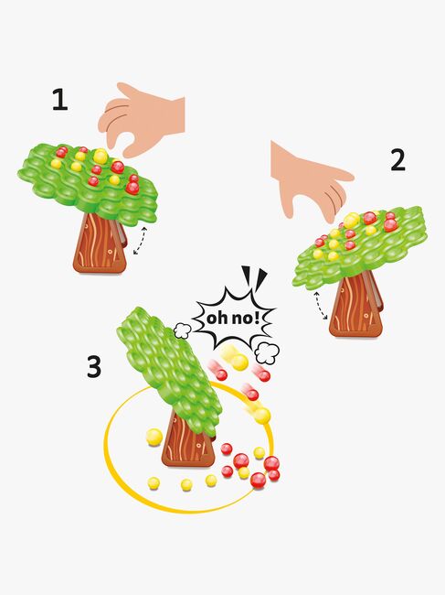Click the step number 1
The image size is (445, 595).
59,100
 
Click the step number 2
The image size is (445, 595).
397,161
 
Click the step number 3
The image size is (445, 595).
94,367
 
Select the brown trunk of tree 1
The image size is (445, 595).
101,243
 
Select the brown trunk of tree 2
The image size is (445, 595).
356,308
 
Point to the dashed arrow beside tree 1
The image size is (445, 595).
140,240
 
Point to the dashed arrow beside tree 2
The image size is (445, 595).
322,306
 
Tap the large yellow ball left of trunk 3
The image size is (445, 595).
154,438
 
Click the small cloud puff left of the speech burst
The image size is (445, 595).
183,330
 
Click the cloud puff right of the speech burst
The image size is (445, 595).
267,353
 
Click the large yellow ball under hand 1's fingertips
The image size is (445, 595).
101,156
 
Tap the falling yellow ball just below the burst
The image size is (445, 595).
239,362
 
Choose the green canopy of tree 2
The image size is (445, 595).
360,246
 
